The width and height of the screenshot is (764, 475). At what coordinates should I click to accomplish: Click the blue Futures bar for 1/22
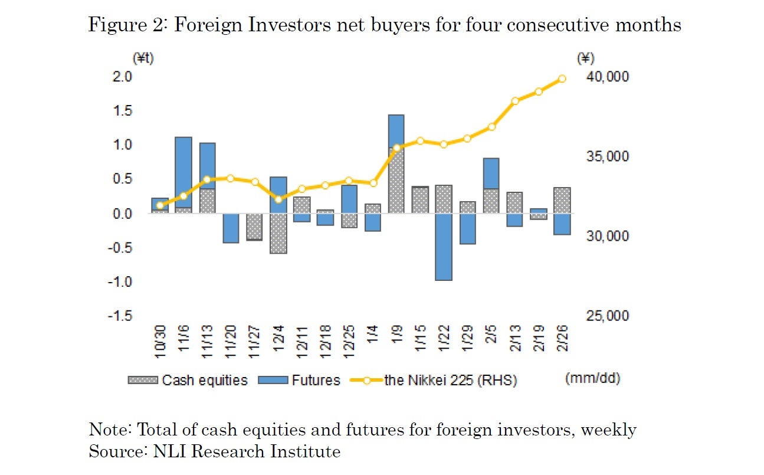[443, 246]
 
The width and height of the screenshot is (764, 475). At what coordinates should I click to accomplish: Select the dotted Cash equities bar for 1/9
[396, 181]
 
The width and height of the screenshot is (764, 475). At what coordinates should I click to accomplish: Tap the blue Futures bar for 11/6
[183, 172]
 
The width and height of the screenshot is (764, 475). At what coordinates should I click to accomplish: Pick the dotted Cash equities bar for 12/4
[278, 233]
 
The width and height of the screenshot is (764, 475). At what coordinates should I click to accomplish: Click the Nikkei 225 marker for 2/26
[562, 78]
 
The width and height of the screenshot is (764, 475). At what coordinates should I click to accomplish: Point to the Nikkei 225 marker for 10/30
[160, 205]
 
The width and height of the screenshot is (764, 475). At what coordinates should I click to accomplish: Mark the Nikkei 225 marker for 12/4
[278, 199]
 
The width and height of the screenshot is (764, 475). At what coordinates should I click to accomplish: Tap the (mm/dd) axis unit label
[592, 379]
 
